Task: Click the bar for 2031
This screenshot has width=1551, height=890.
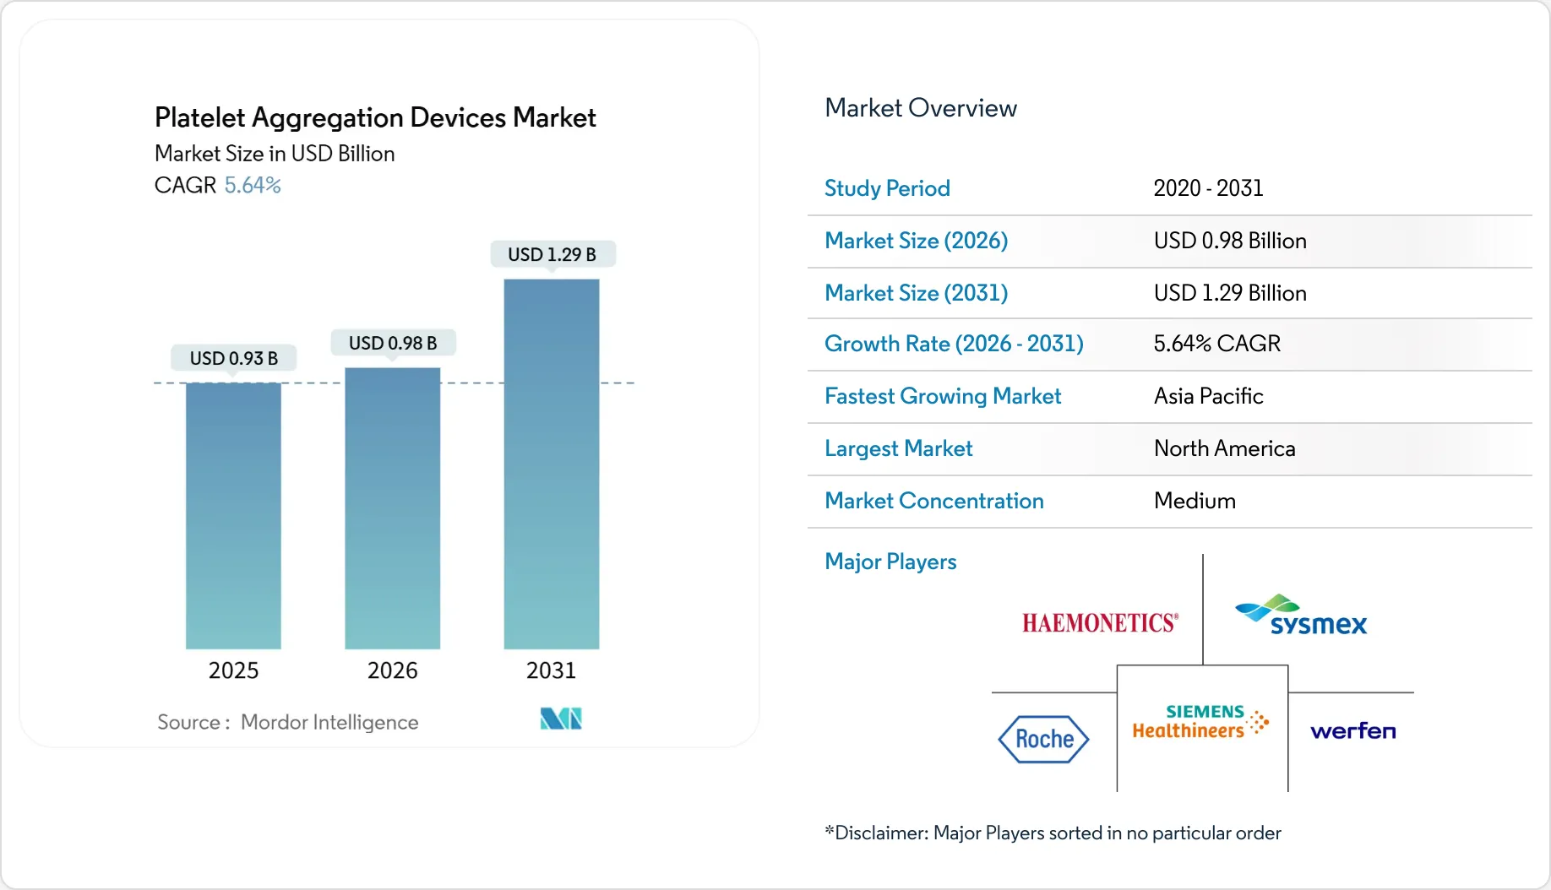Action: [x=552, y=464]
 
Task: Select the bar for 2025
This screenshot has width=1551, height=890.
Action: [x=233, y=516]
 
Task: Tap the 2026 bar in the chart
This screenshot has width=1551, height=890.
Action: [x=393, y=508]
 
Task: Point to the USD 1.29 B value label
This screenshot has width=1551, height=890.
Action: [x=552, y=254]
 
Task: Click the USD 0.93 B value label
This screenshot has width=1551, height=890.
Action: [x=234, y=358]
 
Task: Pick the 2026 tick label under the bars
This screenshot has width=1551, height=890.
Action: [x=393, y=670]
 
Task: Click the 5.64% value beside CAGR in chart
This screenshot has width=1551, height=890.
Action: [x=253, y=185]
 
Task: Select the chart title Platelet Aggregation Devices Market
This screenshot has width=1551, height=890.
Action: [x=375, y=117]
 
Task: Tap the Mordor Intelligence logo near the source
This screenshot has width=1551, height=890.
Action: [x=561, y=719]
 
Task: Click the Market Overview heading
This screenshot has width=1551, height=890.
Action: [x=921, y=108]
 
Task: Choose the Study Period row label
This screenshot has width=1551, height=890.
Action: [x=887, y=188]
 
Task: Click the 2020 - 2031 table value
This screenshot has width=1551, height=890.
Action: [x=1208, y=188]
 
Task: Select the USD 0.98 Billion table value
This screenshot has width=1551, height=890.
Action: [x=1230, y=241]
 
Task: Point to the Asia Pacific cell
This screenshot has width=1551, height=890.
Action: [x=1208, y=396]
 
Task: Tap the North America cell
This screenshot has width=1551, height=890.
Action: [x=1224, y=448]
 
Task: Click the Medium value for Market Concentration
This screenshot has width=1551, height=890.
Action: [x=1195, y=501]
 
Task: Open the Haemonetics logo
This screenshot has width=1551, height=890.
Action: [x=1100, y=623]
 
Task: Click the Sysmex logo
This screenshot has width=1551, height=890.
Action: [x=1301, y=616]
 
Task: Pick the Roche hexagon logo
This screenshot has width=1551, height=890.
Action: [x=1044, y=739]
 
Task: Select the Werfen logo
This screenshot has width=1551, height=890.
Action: [x=1352, y=730]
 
